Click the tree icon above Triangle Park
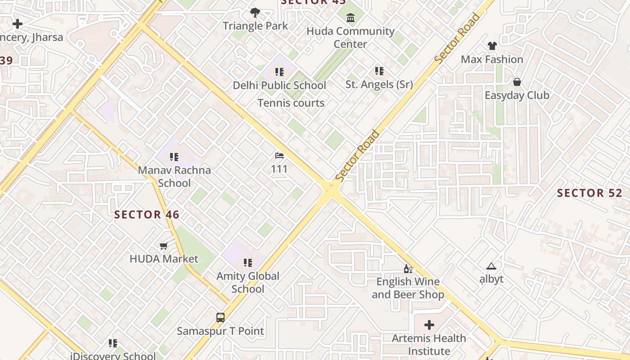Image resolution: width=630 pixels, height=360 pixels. [x=255, y=12]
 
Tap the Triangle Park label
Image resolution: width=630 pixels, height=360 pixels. [x=255, y=26]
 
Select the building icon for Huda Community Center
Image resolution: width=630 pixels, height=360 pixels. [x=351, y=18]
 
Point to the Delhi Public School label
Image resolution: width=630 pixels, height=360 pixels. [x=279, y=85]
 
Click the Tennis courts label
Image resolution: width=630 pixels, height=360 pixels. [x=291, y=103]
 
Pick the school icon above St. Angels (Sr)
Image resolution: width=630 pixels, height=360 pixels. [x=379, y=71]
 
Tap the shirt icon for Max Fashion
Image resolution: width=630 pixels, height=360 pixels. [x=492, y=46]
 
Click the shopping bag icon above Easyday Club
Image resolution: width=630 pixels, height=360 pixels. [x=517, y=82]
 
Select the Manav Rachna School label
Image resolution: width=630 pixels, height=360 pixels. [x=174, y=176]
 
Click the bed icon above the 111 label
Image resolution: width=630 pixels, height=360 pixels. [x=279, y=156]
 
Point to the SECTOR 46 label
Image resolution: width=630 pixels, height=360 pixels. [x=147, y=215]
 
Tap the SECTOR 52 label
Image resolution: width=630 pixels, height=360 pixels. [x=589, y=193]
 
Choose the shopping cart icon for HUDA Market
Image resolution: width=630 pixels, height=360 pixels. [x=164, y=246]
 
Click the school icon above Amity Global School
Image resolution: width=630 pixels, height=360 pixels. [x=247, y=262]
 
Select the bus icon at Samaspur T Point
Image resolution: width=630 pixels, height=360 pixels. [x=220, y=318]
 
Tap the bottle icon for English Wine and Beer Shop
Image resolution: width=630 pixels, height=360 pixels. [x=408, y=269]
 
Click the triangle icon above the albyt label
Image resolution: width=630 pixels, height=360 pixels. [x=491, y=266]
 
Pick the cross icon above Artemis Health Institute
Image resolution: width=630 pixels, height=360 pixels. [x=429, y=325]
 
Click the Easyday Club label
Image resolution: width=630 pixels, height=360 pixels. [x=517, y=95]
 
